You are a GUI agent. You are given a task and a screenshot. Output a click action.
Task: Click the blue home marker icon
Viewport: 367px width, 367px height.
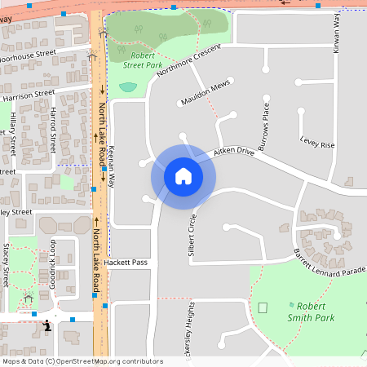pyautogui.click(x=183, y=175)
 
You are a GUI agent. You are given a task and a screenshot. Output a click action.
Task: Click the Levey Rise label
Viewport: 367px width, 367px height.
pyautogui.click(x=317, y=144)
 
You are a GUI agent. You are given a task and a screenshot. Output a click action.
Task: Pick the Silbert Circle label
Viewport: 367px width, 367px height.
pyautogui.click(x=192, y=237)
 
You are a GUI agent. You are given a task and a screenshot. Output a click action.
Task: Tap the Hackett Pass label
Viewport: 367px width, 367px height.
pyautogui.click(x=129, y=263)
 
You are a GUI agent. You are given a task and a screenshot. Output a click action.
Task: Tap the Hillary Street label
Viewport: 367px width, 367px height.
pyautogui.click(x=14, y=134)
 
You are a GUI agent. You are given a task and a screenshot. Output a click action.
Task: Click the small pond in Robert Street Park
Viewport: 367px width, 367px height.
pyautogui.click(x=128, y=86)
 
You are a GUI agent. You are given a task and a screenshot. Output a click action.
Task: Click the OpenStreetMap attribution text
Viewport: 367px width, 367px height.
pyautogui.click(x=82, y=360)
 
